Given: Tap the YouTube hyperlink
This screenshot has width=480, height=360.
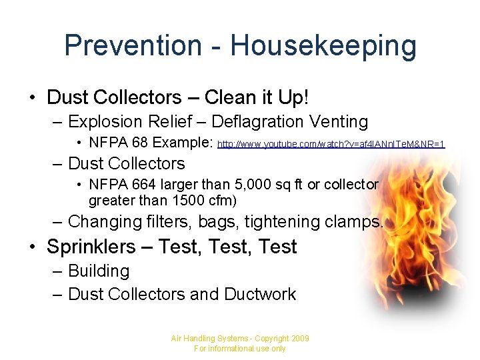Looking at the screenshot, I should point(331,144).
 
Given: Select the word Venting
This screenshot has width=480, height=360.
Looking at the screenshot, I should point(338,122).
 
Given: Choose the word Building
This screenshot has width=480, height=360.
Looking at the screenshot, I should point(99,271).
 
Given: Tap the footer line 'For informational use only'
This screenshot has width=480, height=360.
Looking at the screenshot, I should point(239,349).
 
